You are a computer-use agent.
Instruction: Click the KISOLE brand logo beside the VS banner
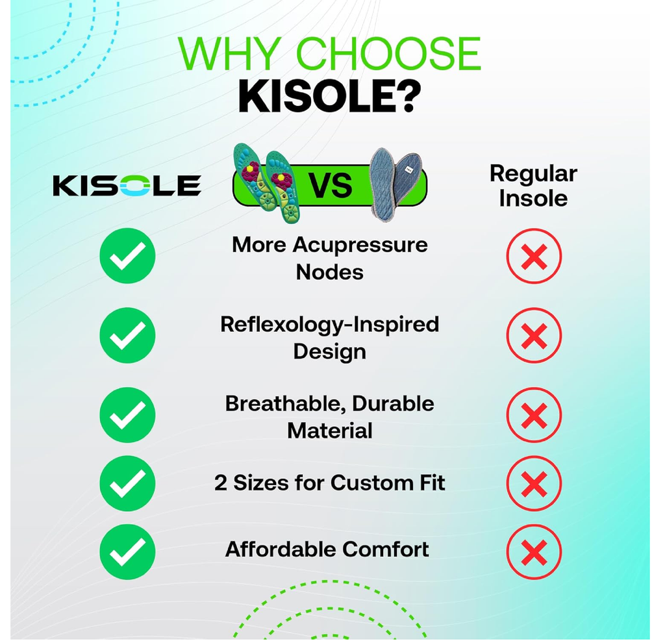coord(127,186)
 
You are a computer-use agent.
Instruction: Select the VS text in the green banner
coord(330,185)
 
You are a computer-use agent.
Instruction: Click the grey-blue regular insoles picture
coord(395,184)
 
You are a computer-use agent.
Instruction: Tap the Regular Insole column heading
coord(533,186)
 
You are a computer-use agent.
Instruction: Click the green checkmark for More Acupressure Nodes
coord(127,256)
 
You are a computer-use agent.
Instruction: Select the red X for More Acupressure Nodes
coord(534,256)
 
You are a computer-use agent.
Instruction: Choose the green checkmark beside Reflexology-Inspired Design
coord(127,335)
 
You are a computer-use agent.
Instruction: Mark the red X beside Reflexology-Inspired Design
coord(534,336)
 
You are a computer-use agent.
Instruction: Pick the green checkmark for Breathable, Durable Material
coord(127,415)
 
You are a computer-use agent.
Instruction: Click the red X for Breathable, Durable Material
coord(534,415)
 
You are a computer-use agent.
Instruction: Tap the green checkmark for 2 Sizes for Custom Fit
coord(127,483)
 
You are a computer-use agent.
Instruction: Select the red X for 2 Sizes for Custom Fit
coord(534,483)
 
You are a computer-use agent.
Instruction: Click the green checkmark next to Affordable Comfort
coord(127,552)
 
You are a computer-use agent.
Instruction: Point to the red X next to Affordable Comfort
coord(534,552)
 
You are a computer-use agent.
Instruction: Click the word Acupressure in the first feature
coord(360,246)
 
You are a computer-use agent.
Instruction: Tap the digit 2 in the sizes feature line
coord(221,483)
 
